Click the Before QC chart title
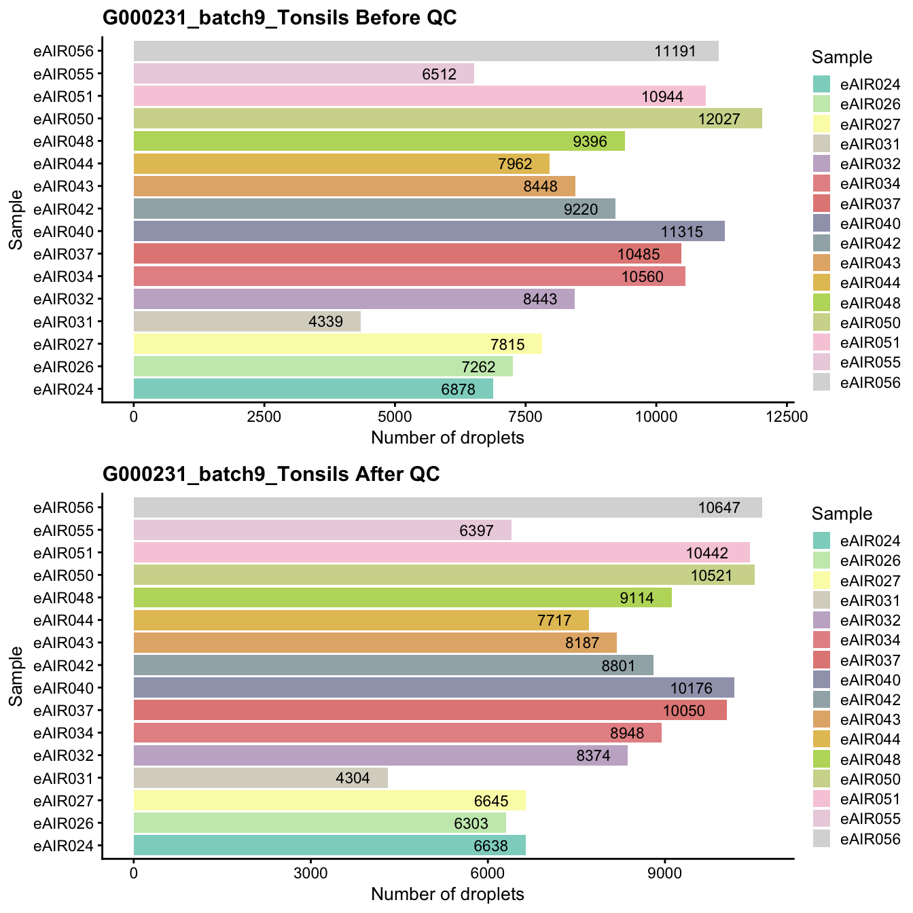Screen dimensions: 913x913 coord(279,18)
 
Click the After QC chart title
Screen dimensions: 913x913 coord(271,474)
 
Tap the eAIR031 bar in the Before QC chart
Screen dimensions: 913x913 coord(247,321)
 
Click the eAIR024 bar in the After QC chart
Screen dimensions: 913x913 coord(329,845)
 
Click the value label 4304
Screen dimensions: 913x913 coord(353,778)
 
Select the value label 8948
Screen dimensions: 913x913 coord(627,733)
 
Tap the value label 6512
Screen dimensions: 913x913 coord(439,74)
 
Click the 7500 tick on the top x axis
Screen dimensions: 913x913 coord(526,416)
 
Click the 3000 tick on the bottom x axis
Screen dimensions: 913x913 coord(310,873)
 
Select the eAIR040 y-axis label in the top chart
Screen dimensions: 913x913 coord(68,232)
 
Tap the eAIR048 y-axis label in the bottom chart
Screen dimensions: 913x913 coord(68,598)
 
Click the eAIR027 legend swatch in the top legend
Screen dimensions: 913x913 coord(822,124)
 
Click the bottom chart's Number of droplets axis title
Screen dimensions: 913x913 coord(447,894)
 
